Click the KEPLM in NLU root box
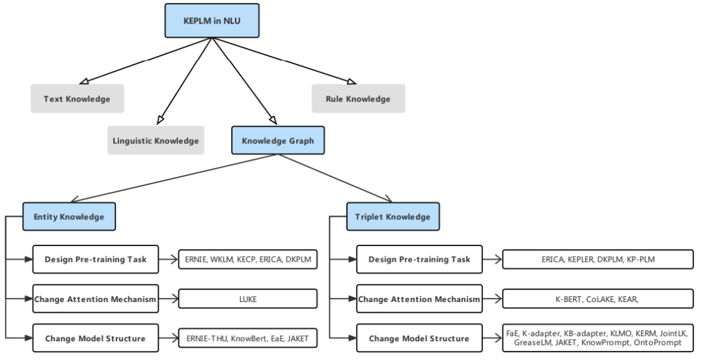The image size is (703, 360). coord(212,21)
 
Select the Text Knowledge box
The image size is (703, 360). coord(77,99)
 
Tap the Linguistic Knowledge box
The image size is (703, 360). coord(156,141)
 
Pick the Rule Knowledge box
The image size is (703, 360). coord(358,99)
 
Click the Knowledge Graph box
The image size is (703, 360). coord(278,141)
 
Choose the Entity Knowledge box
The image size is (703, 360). coord(69,217)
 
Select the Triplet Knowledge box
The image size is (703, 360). coord(393,217)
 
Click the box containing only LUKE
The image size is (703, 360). coord(248,299)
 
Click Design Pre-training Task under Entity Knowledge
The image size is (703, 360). coord(96,259)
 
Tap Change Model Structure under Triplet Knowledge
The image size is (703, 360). coord(419,338)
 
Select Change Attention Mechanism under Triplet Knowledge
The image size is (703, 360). coord(419,299)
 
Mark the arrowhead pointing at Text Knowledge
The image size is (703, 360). coord(84,81)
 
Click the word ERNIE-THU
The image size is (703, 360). coord(206,339)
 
